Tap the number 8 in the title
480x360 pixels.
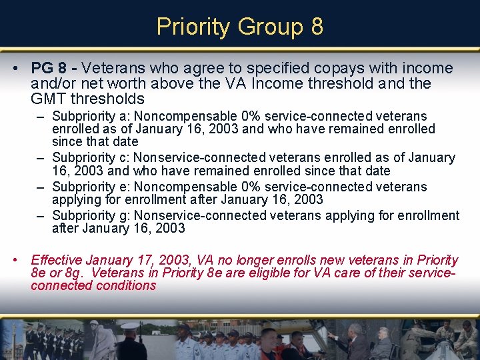click(x=317, y=27)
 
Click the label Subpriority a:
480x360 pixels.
click(x=91, y=115)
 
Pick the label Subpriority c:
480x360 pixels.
click(x=91, y=158)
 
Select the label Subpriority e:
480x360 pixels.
click(x=91, y=187)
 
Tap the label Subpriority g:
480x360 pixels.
click(x=91, y=215)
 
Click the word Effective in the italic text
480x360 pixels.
click(x=57, y=260)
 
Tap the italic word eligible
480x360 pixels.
click(x=267, y=273)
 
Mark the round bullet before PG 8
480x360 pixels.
click(x=22, y=69)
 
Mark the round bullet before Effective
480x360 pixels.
click(x=22, y=261)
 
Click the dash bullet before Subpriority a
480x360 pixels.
click(x=42, y=115)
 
